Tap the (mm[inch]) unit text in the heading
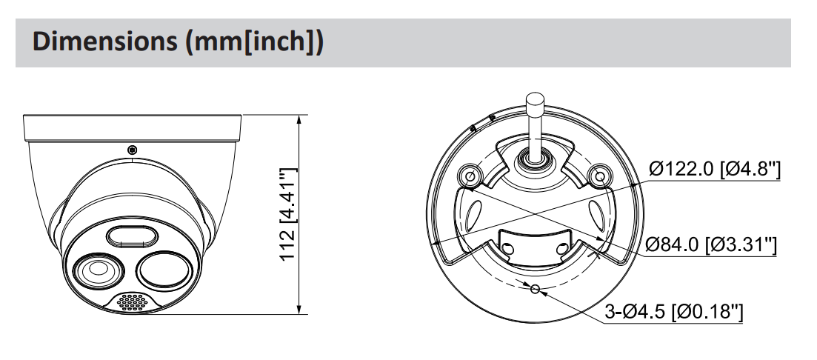(x=250, y=42)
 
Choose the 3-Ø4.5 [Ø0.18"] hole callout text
(x=672, y=310)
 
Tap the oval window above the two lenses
(x=132, y=237)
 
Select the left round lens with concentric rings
(x=94, y=273)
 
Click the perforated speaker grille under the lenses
(x=132, y=302)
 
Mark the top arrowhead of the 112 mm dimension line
(x=299, y=119)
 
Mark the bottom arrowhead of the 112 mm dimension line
(x=299, y=310)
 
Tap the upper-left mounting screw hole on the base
(x=468, y=176)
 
